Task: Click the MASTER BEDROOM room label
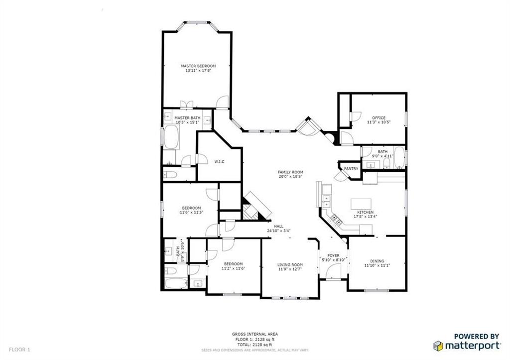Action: click(198, 66)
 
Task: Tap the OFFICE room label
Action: click(379, 118)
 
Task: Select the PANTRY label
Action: click(351, 169)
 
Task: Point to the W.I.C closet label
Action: click(219, 162)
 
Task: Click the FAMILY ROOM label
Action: click(290, 172)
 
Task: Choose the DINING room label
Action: click(377, 261)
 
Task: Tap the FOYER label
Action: click(333, 255)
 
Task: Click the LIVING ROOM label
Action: click(290, 265)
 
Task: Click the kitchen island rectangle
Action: click(362, 204)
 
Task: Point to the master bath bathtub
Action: click(171, 137)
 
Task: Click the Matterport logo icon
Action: click(438, 345)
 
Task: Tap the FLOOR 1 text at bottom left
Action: click(19, 350)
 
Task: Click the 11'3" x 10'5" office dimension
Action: click(379, 122)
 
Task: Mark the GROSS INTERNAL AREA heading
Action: click(255, 334)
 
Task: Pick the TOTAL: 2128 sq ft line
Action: click(255, 344)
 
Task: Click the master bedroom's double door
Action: click(186, 105)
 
